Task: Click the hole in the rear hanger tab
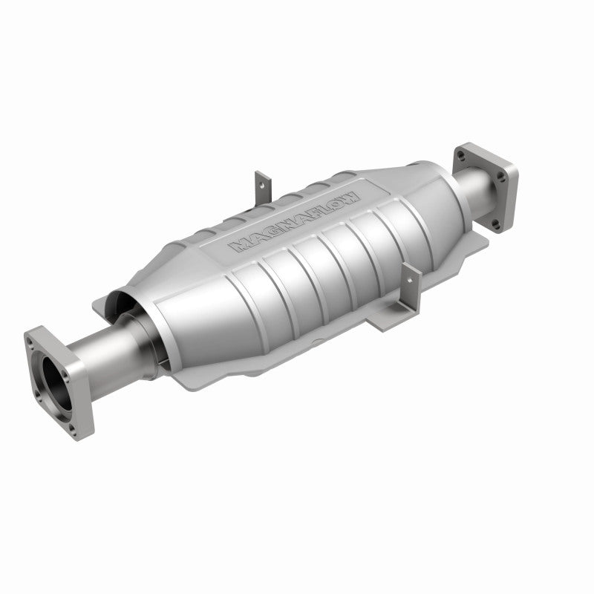[x=259, y=179]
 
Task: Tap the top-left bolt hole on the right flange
[x=461, y=156]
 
